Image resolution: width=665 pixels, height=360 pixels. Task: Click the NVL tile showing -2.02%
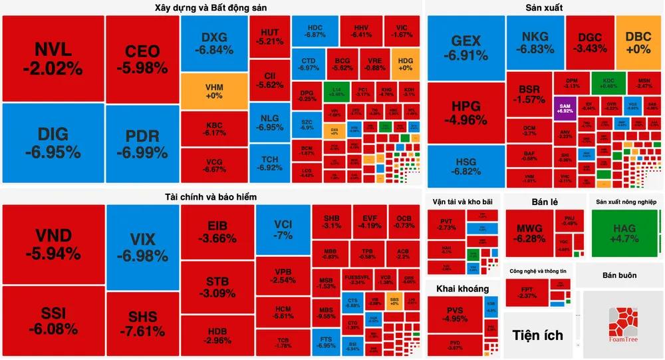pyautogui.click(x=53, y=59)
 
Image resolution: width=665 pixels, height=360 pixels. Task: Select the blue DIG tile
pyautogui.click(x=53, y=143)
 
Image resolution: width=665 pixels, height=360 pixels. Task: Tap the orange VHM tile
pyautogui.click(x=213, y=91)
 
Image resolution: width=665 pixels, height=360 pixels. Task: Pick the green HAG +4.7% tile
pyautogui.click(x=624, y=233)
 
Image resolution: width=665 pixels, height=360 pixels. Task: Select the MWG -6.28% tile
pyautogui.click(x=529, y=233)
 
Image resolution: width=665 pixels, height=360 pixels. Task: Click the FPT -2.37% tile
pyautogui.click(x=526, y=292)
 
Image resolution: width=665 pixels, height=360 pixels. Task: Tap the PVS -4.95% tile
pyautogui.click(x=455, y=314)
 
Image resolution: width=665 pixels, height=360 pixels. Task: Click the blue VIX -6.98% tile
pyautogui.click(x=142, y=246)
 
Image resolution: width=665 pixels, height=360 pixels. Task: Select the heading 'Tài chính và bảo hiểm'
pyautogui.click(x=211, y=197)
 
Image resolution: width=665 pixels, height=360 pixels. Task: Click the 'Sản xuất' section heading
pyautogui.click(x=544, y=8)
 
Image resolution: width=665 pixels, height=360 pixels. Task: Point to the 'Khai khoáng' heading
pyautogui.click(x=463, y=289)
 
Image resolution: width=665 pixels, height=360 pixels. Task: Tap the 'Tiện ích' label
pyautogui.click(x=537, y=335)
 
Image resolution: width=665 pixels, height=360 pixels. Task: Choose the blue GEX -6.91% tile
pyautogui.click(x=465, y=47)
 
